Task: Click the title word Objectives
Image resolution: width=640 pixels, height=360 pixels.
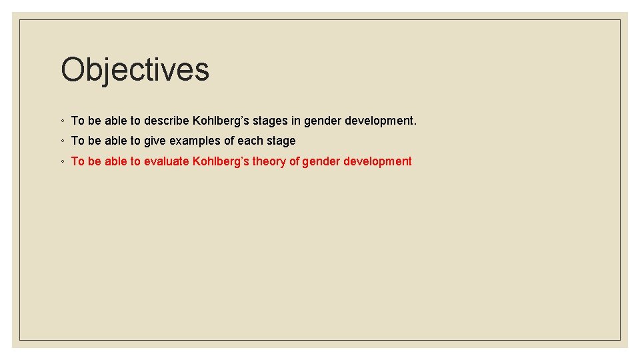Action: tap(135, 70)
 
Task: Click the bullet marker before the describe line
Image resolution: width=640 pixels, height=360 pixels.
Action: tap(61, 121)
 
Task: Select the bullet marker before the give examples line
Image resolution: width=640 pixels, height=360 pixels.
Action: tap(61, 141)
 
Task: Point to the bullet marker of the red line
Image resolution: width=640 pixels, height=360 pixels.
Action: tap(61, 161)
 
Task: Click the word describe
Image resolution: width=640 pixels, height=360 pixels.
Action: tap(167, 121)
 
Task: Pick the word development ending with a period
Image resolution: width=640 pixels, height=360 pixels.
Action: tap(381, 121)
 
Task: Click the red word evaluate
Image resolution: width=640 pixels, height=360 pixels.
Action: tap(167, 161)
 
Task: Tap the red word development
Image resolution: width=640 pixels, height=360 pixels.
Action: tap(377, 161)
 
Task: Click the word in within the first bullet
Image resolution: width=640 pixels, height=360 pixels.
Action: tap(295, 121)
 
